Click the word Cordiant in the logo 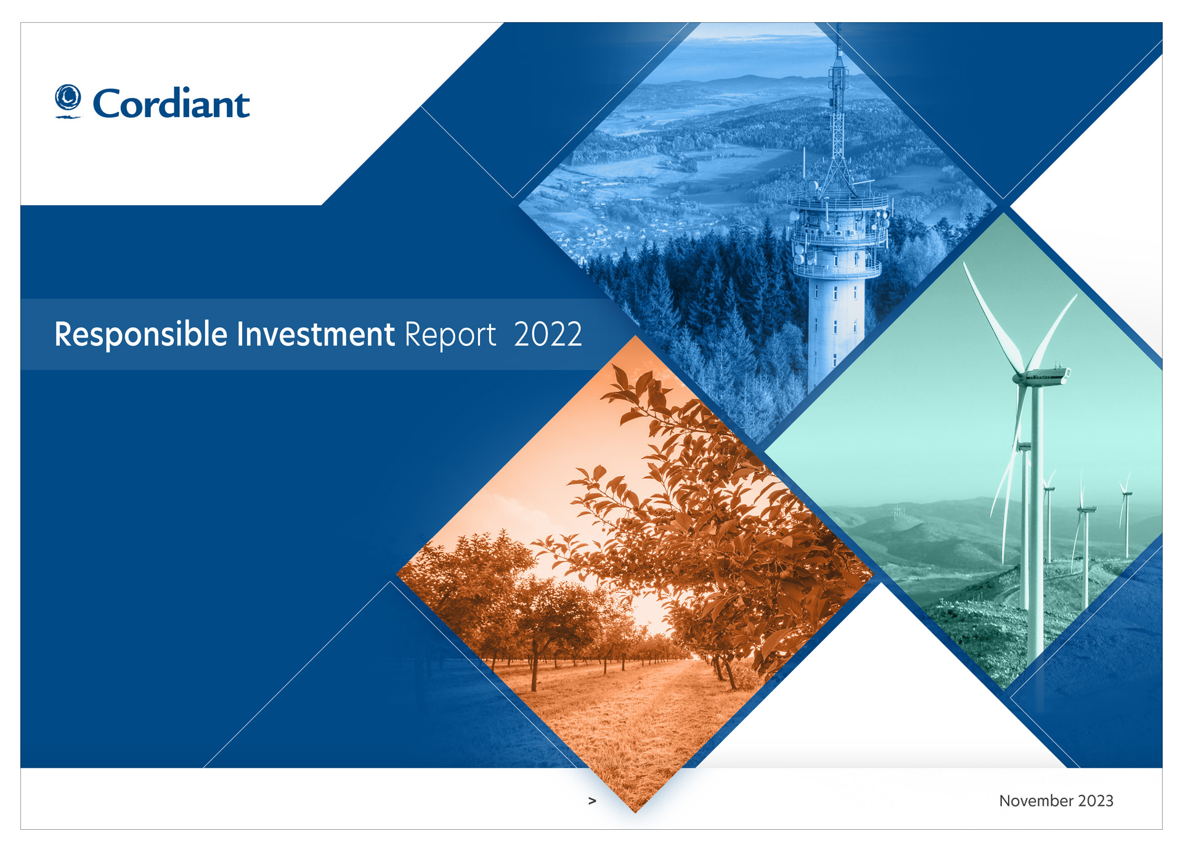click(171, 103)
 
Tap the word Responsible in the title click(141, 335)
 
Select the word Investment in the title click(316, 335)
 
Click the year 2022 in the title click(548, 335)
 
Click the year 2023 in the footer click(1096, 801)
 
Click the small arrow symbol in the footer click(592, 801)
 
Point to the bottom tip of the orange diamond click(635, 813)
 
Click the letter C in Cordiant click(108, 103)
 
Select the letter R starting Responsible click(63, 334)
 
